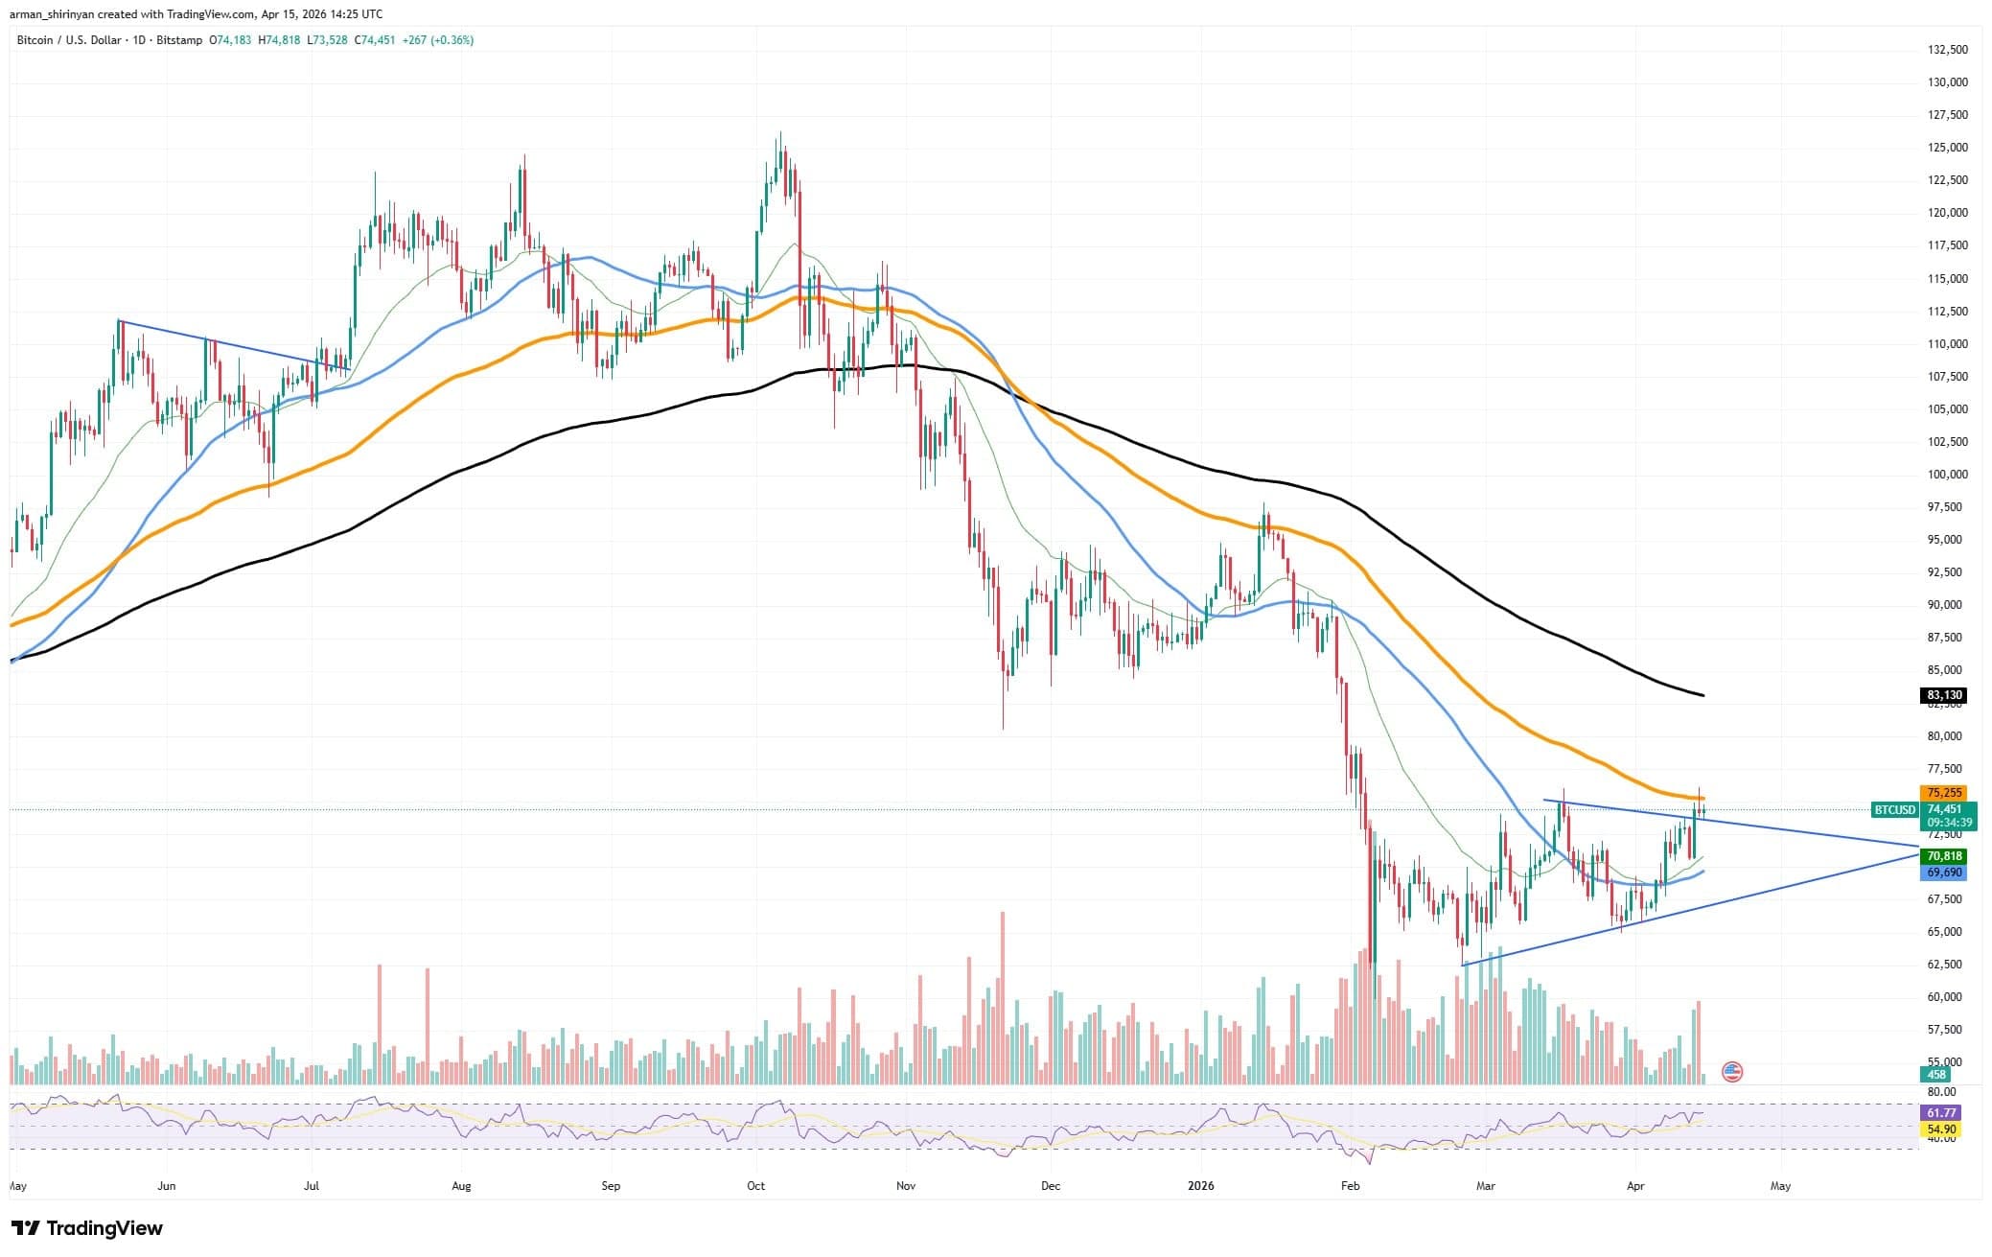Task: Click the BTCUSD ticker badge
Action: click(x=1895, y=810)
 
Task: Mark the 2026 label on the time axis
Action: click(x=1200, y=1186)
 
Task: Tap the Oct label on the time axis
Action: click(x=755, y=1186)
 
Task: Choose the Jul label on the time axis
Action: click(x=311, y=1186)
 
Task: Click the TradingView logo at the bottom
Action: click(x=86, y=1228)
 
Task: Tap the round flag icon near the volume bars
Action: click(x=1732, y=1072)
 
